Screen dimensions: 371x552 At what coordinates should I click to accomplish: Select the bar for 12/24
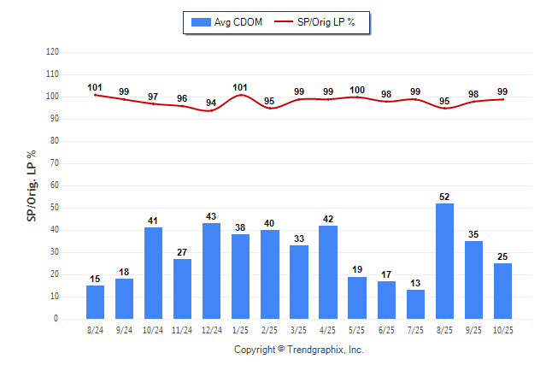pyautogui.click(x=211, y=271)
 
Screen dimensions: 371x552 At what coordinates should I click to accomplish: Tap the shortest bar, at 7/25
pyautogui.click(x=415, y=304)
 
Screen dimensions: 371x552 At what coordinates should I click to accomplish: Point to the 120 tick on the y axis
pyautogui.click(x=52, y=52)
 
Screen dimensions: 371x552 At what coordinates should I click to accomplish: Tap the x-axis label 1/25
pyautogui.click(x=241, y=329)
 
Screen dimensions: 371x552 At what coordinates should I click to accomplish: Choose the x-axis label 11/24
pyautogui.click(x=182, y=329)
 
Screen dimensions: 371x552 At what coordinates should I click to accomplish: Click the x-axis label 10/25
pyautogui.click(x=502, y=329)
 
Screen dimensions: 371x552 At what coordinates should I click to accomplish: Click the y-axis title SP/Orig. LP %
pyautogui.click(x=32, y=185)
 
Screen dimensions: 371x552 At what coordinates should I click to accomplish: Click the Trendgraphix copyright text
pyautogui.click(x=299, y=350)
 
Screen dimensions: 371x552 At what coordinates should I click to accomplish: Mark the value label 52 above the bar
pyautogui.click(x=444, y=197)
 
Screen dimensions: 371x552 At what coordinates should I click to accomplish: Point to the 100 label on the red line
pyautogui.click(x=357, y=90)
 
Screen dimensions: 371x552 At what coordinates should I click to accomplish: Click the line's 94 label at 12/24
pyautogui.click(x=211, y=103)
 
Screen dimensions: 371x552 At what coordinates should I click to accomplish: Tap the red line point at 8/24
pyautogui.click(x=95, y=95)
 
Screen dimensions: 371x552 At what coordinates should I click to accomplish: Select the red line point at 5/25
pyautogui.click(x=357, y=97)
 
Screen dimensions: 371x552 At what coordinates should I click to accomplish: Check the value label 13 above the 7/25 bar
pyautogui.click(x=415, y=283)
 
